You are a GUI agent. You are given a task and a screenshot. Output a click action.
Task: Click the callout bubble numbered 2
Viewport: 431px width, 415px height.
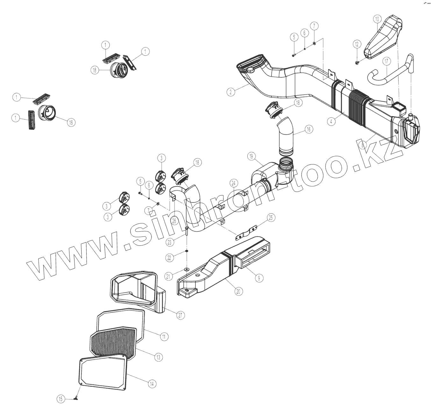click(231, 92)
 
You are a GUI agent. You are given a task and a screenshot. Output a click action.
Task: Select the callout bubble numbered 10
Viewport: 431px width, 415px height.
click(377, 19)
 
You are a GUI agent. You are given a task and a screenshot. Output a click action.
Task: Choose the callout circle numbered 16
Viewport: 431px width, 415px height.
click(308, 129)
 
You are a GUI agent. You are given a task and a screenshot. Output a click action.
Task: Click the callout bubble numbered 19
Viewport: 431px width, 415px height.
click(251, 156)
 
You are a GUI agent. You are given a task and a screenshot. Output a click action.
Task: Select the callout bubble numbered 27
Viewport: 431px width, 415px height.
click(180, 315)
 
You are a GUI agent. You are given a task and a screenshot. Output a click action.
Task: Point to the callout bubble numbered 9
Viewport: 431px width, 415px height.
click(259, 278)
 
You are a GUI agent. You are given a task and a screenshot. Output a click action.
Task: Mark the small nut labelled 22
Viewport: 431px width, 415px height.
click(187, 251)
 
